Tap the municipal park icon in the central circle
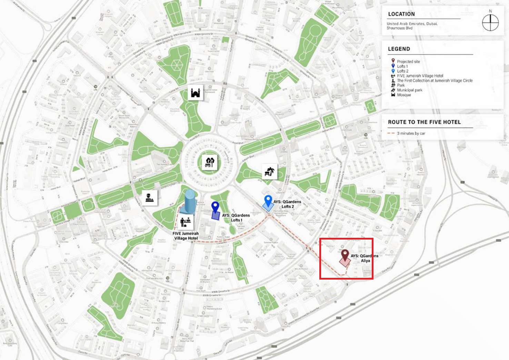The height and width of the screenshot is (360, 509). (210, 162)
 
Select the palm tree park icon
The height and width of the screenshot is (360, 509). (270, 171)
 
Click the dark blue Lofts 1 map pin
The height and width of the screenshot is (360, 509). (216, 208)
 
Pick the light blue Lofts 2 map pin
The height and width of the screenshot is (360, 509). (268, 201)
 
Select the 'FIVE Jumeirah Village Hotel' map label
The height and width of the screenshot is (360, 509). (186, 236)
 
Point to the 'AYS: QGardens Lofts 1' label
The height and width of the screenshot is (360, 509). (236, 217)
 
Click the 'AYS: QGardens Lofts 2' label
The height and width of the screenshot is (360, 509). (287, 204)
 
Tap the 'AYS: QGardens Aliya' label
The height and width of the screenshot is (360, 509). (365, 258)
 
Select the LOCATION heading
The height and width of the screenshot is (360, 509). (401, 14)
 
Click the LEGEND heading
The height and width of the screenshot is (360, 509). (399, 49)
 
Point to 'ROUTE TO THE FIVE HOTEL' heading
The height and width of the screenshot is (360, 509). (424, 122)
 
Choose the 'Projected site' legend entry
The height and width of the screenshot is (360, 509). (408, 61)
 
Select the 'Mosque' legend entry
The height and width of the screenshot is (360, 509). (404, 95)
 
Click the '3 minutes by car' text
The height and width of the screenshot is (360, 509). (411, 133)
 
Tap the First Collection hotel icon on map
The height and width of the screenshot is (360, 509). (149, 198)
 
